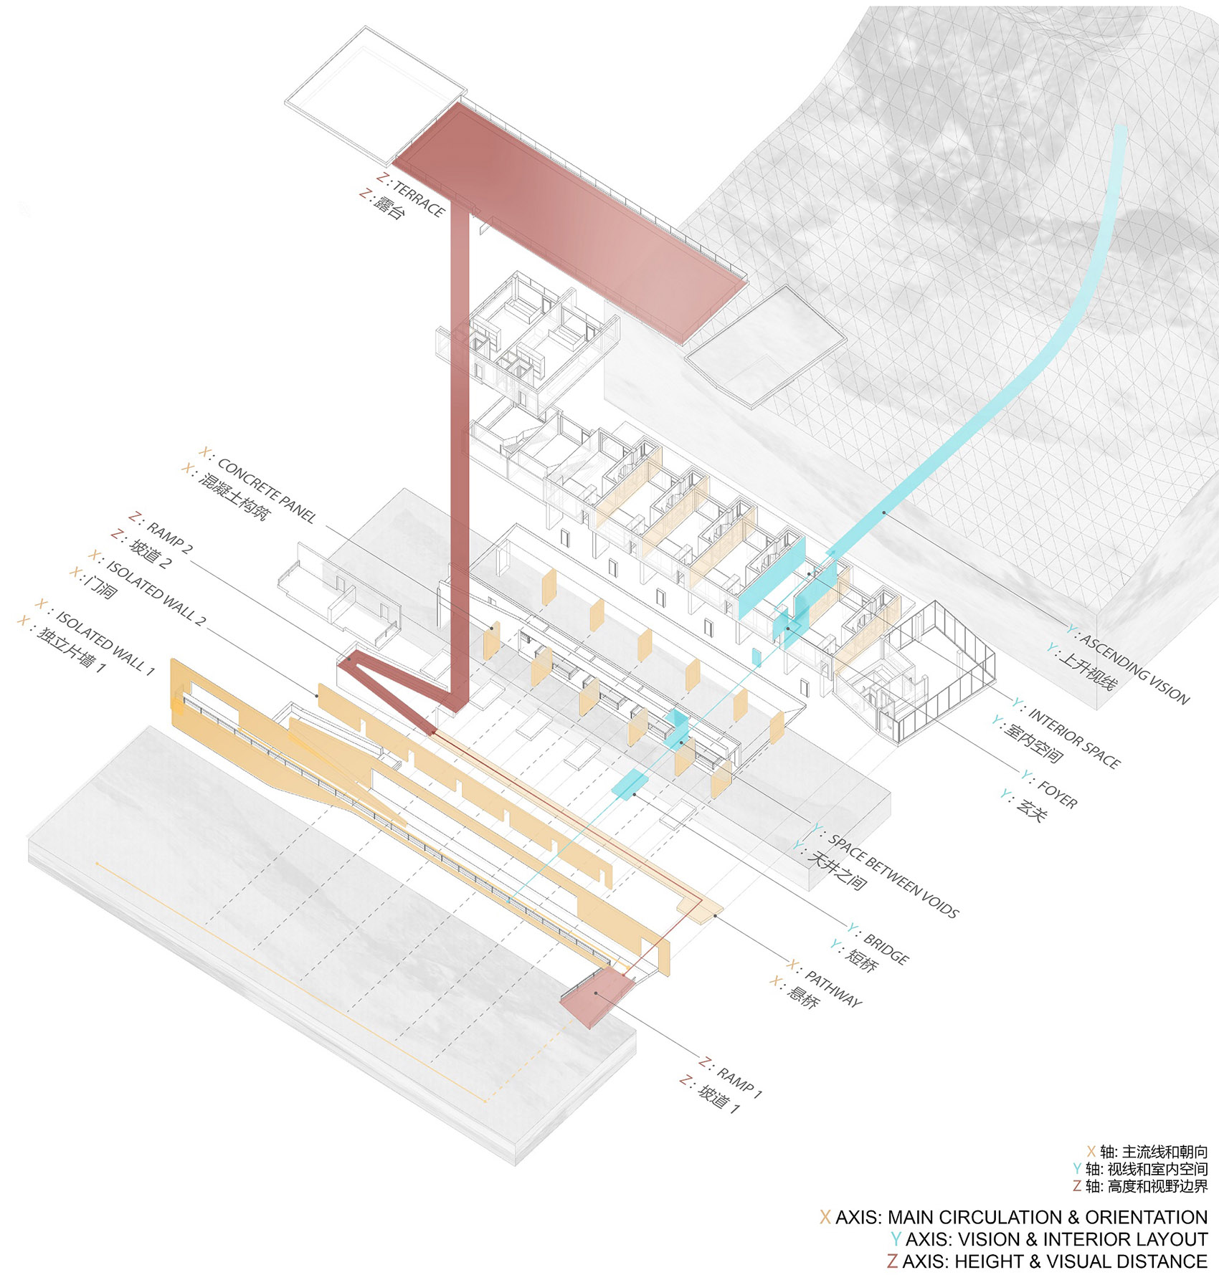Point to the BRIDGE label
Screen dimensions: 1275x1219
coord(886,948)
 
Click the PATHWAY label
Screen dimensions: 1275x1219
coord(832,988)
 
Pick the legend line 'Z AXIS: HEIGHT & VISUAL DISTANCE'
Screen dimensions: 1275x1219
coord(1047,1261)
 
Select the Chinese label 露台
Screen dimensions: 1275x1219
coord(388,207)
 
